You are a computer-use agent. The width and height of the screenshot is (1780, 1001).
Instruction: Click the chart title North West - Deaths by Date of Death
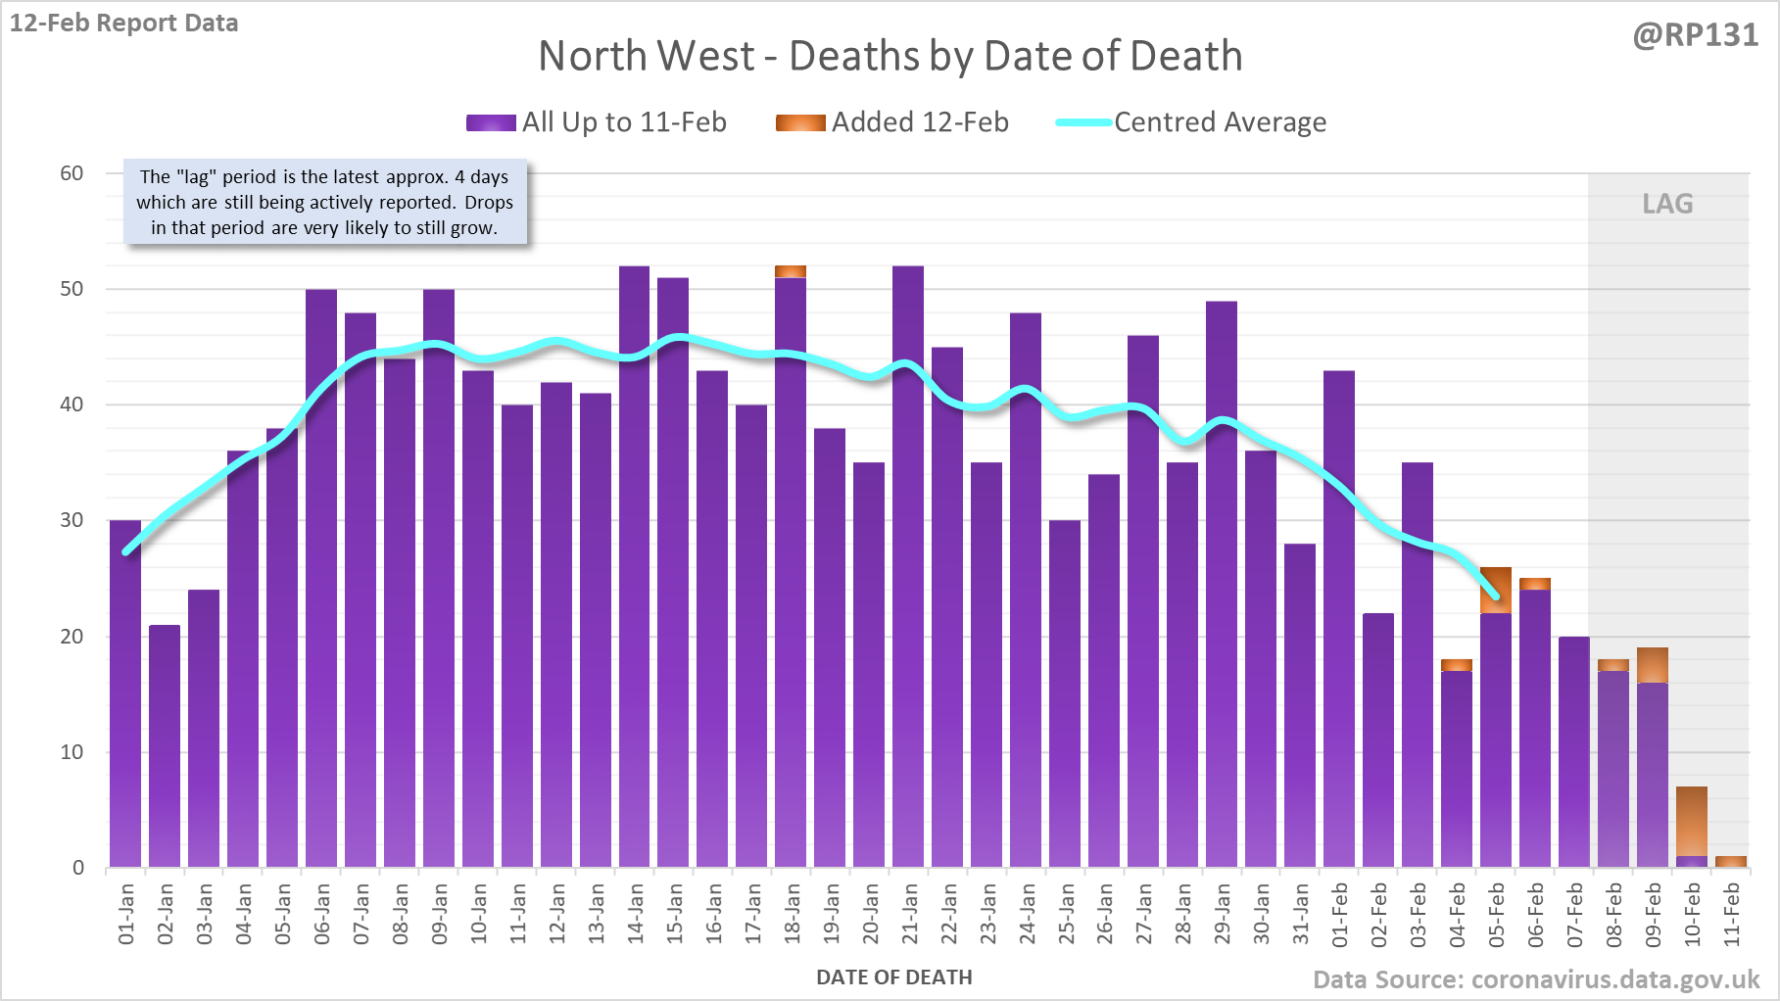pyautogui.click(x=890, y=56)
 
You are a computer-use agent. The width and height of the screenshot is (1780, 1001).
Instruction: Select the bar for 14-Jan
pyautogui.click(x=634, y=568)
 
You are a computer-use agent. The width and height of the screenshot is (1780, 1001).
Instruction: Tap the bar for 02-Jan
pyautogui.click(x=165, y=744)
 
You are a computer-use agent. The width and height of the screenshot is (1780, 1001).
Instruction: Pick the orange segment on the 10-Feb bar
pyautogui.click(x=1692, y=821)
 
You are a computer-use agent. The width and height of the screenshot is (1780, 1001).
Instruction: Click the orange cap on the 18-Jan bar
pyautogui.click(x=791, y=271)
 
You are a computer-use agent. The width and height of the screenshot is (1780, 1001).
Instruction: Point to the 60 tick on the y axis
pyautogui.click(x=72, y=173)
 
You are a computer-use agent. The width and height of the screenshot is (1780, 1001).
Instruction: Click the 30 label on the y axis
pyautogui.click(x=72, y=520)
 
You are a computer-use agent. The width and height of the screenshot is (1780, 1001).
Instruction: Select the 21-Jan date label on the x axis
pyautogui.click(x=910, y=914)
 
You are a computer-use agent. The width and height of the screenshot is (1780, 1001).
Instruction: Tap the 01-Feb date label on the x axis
pyautogui.click(x=1340, y=914)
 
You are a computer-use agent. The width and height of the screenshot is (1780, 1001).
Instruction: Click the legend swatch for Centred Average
pyautogui.click(x=1083, y=122)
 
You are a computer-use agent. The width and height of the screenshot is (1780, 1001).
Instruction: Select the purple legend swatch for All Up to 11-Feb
pyautogui.click(x=491, y=122)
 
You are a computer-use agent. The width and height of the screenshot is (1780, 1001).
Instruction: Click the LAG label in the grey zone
pyautogui.click(x=1667, y=204)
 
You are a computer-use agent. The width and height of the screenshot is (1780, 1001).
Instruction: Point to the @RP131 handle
pyautogui.click(x=1695, y=35)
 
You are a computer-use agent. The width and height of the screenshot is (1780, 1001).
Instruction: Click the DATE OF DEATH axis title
pyautogui.click(x=893, y=977)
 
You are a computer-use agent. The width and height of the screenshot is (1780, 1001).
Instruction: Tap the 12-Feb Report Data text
pyautogui.click(x=124, y=23)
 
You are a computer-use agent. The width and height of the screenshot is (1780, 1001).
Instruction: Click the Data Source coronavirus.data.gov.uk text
pyautogui.click(x=1535, y=979)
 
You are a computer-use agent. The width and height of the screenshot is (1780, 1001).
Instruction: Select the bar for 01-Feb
pyautogui.click(x=1339, y=617)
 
